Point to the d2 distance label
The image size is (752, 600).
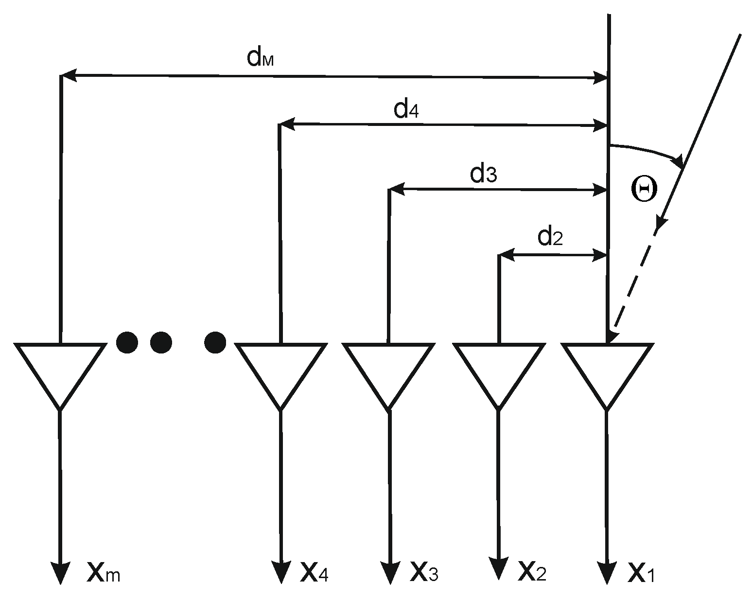click(550, 237)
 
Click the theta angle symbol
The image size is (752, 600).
click(644, 189)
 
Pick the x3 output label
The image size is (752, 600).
click(424, 571)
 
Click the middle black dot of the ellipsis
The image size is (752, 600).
click(161, 342)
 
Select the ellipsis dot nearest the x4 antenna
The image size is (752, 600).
click(215, 342)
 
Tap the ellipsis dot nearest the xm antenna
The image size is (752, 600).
click(127, 342)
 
